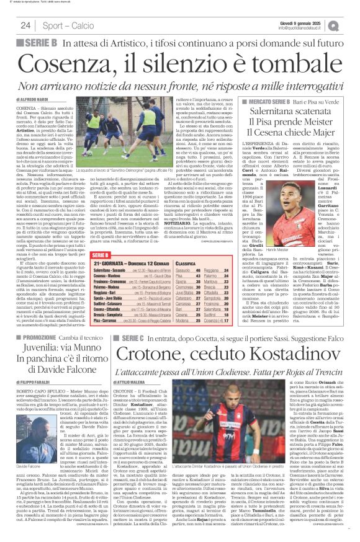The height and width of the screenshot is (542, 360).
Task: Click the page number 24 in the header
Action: pos(25,25)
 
